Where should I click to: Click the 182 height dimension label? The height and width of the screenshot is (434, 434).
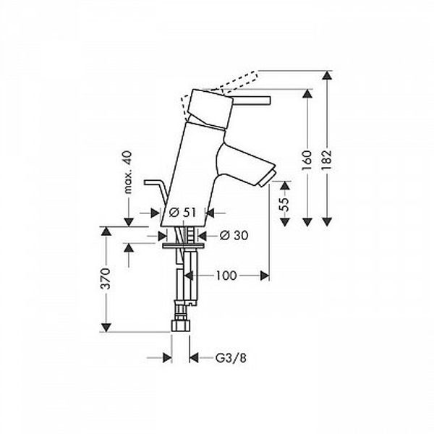pos(327,161)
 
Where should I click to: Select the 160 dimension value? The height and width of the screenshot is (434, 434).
pos(307,161)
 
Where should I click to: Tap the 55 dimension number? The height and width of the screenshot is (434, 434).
pos(285,204)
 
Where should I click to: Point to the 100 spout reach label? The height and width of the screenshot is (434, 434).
pos(226,276)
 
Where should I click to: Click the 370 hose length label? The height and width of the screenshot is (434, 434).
pos(106,278)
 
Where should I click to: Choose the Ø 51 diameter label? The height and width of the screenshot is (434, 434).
pos(182,213)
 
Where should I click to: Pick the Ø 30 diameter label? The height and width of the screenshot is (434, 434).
pos(234,236)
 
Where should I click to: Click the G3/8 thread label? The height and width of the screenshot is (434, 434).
pos(231,359)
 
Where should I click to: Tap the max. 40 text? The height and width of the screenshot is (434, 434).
pos(127,172)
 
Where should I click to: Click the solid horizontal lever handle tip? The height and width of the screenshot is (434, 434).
pos(268,101)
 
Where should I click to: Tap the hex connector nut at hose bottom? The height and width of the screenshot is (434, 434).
pos(181,325)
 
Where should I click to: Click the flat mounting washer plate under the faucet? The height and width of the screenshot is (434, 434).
pos(183,245)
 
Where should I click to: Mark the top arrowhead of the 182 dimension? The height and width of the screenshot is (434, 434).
pos(327,75)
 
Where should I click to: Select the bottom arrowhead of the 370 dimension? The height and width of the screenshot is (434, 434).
pos(106,328)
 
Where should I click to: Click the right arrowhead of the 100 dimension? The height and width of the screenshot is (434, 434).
pos(265,276)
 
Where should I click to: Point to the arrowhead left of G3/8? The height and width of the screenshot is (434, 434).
pos(167,358)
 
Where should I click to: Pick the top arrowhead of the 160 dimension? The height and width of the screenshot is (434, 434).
pos(307,93)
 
